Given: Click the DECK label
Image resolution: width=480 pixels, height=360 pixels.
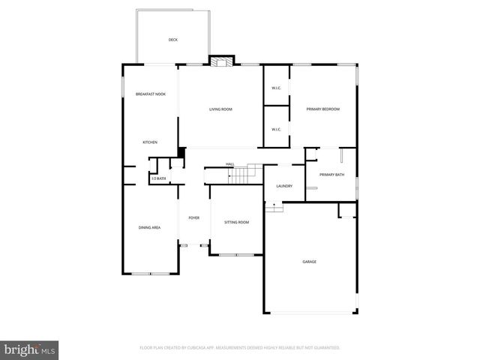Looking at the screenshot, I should [x=172, y=40].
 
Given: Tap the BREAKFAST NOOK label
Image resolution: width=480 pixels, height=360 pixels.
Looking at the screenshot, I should [x=150, y=94].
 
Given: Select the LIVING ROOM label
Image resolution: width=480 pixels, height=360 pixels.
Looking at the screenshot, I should [x=220, y=109].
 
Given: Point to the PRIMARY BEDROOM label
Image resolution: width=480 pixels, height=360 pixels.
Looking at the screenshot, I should [x=323, y=109].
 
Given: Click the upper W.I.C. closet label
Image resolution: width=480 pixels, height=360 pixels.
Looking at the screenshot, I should [x=276, y=89].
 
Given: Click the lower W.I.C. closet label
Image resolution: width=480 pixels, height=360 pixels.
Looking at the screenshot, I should [x=276, y=129].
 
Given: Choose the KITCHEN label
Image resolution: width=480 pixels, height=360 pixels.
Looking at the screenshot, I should [x=150, y=142].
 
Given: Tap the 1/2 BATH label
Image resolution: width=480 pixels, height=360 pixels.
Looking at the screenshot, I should [x=158, y=178].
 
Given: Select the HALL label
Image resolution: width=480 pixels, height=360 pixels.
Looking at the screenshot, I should [x=230, y=163].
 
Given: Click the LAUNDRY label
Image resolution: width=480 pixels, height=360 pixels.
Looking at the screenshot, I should [x=284, y=186].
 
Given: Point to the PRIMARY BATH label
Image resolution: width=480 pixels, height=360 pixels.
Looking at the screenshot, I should [x=331, y=175].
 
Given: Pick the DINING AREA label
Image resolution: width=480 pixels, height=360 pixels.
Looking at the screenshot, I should [x=149, y=227].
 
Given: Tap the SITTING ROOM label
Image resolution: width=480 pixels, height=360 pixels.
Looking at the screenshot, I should [x=237, y=222].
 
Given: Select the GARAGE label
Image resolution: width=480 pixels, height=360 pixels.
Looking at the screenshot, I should [x=309, y=262].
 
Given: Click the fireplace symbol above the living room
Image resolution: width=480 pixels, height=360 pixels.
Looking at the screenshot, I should [x=222, y=61].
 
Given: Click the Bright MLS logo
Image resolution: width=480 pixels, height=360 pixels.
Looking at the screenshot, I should [x=30, y=349].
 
